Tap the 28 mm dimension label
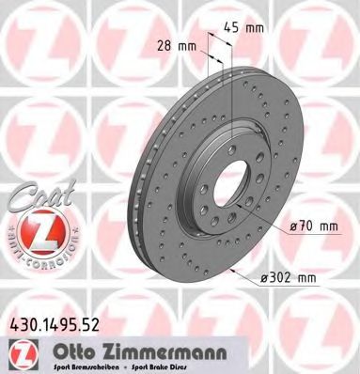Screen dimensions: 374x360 [x=176, y=44]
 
